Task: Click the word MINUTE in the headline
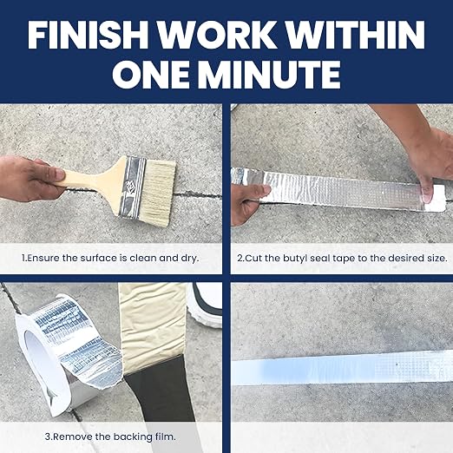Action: tap(272, 75)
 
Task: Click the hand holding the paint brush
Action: tap(29, 179)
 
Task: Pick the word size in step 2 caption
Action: tap(437, 258)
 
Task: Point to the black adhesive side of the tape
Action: tap(159, 389)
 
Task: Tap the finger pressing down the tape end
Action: tap(426, 190)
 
